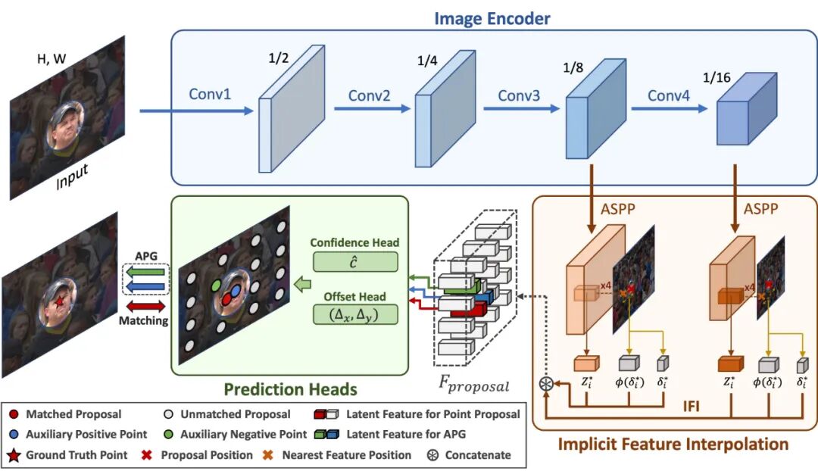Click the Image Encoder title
(x=492, y=17)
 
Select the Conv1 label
(x=209, y=96)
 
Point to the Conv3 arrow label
(x=519, y=96)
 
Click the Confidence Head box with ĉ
(x=354, y=261)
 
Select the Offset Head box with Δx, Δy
(x=354, y=313)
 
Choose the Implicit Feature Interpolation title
(x=673, y=444)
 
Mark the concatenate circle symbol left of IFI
(x=543, y=384)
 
